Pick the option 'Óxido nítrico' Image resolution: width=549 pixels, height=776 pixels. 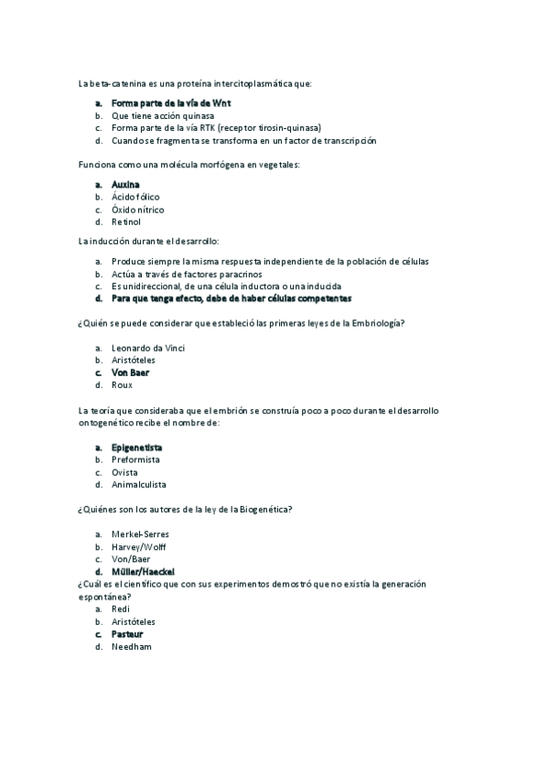(x=137, y=210)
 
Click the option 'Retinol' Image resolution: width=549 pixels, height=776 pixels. (x=126, y=221)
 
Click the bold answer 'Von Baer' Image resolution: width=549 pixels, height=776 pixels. (x=130, y=372)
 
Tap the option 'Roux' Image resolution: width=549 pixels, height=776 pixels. (x=122, y=385)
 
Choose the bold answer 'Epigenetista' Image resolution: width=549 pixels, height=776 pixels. (x=137, y=447)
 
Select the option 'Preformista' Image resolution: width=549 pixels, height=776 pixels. (x=135, y=459)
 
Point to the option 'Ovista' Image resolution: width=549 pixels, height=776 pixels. (x=124, y=472)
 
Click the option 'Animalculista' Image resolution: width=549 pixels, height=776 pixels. (x=139, y=484)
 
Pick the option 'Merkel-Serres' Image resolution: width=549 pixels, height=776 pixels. (x=140, y=533)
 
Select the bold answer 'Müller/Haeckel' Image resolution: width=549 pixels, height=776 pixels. (x=143, y=571)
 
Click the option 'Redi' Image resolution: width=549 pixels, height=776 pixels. (x=120, y=609)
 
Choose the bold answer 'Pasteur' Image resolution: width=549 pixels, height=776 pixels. (x=127, y=633)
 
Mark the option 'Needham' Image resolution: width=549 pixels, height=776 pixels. (x=131, y=646)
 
